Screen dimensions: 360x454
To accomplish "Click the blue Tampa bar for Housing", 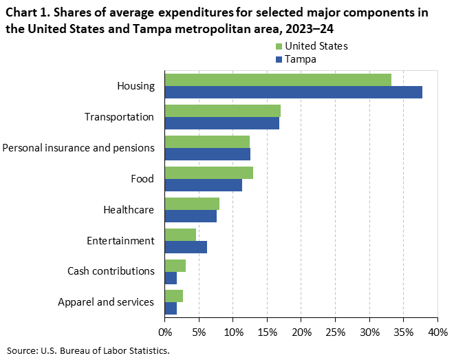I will click(294, 92).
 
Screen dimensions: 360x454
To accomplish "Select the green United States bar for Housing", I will click(278, 80).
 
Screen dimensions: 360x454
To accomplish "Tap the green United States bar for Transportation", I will click(223, 111).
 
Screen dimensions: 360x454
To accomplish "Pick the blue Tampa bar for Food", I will click(204, 185).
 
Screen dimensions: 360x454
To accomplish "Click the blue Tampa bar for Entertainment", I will click(186, 247).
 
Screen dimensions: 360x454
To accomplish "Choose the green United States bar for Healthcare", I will click(192, 204).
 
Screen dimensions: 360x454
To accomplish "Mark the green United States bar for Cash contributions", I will click(175, 266).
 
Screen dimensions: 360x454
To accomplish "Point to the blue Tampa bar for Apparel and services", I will click(171, 309).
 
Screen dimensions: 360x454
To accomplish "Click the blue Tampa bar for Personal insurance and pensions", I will click(208, 154).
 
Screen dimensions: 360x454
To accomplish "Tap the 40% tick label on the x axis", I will click(437, 332).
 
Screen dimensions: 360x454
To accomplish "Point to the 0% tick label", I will click(165, 332).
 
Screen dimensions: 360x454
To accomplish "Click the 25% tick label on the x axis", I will click(335, 332).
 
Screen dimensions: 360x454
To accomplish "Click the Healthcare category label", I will click(129, 210).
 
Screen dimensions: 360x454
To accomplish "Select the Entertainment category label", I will click(120, 241).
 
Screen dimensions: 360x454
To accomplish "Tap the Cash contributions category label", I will click(111, 271).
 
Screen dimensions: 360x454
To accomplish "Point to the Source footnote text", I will click(88, 350).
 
